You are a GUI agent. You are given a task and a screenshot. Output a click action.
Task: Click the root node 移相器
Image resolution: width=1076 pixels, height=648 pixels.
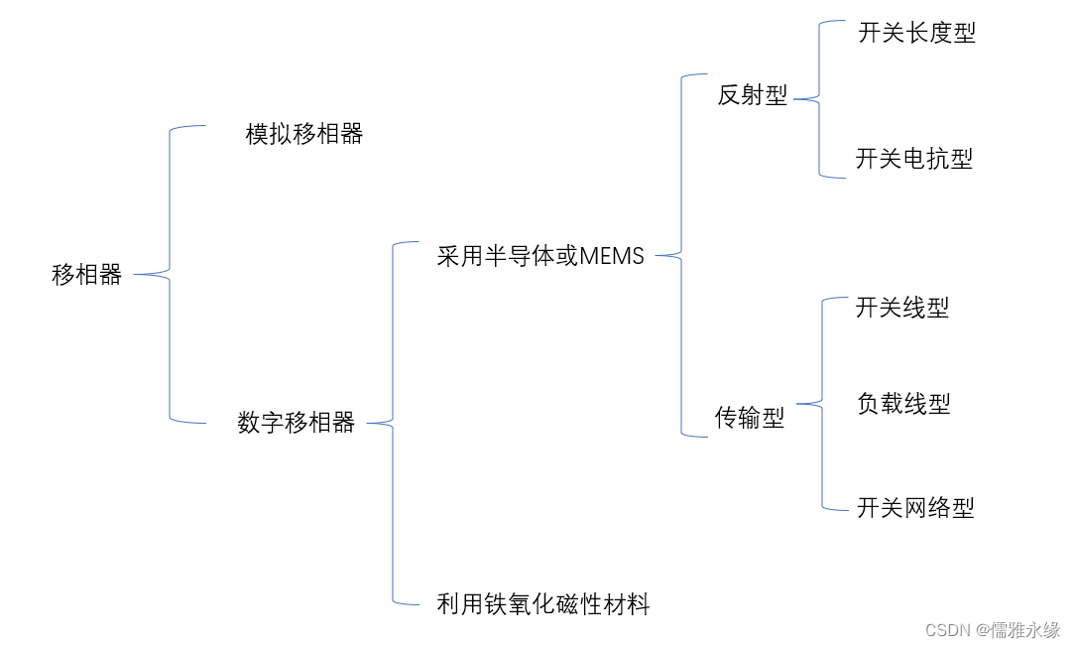[x=86, y=275]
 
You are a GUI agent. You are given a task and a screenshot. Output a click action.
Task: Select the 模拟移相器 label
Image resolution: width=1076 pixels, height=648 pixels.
[x=304, y=134]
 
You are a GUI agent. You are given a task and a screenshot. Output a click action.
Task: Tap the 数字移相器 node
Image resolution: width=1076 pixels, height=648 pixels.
[x=297, y=423]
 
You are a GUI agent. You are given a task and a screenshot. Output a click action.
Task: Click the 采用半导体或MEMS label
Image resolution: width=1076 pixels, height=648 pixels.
[x=540, y=256]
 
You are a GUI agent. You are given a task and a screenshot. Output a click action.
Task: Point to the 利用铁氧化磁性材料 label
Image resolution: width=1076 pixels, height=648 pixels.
[x=543, y=603]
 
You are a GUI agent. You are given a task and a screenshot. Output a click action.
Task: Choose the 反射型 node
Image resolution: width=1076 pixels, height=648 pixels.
[x=753, y=95]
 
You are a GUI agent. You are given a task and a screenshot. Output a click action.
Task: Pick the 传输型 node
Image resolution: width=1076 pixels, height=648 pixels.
[x=750, y=419]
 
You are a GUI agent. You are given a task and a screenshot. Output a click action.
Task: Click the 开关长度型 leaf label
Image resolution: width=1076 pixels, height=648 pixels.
[x=916, y=33]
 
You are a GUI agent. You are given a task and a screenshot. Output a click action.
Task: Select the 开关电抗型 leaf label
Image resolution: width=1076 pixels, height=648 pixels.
[x=914, y=159]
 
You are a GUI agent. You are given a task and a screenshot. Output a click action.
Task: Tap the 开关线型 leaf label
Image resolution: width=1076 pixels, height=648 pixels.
[x=902, y=308]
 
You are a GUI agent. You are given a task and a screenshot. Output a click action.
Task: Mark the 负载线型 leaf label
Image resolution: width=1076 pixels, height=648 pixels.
[x=903, y=404]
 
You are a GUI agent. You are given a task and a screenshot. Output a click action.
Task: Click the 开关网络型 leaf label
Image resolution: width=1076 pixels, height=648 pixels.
[x=915, y=508]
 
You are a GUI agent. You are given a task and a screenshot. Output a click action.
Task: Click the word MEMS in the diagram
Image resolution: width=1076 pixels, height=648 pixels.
[x=612, y=256]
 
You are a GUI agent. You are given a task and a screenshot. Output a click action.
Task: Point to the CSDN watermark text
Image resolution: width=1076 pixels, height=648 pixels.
[x=947, y=630]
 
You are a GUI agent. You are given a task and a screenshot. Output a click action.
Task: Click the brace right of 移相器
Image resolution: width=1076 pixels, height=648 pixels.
[x=170, y=274]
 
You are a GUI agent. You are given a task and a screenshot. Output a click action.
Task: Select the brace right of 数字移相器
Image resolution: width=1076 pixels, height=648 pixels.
[x=393, y=424]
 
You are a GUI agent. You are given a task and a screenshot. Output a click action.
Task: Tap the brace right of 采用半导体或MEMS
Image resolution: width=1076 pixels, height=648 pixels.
[x=681, y=256]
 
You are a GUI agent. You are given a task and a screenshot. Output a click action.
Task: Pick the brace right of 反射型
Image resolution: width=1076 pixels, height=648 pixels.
[x=819, y=98]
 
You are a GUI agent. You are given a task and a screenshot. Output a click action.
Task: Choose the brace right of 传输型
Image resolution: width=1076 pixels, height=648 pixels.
[x=822, y=404]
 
